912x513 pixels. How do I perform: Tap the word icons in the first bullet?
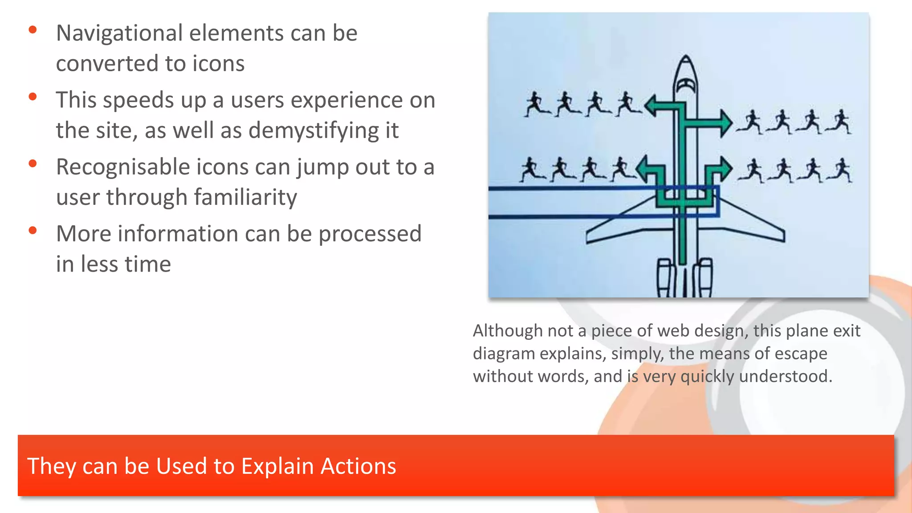pyautogui.click(x=218, y=64)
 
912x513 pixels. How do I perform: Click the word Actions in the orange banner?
pyautogui.click(x=358, y=466)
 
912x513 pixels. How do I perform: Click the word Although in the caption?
pyautogui.click(x=507, y=331)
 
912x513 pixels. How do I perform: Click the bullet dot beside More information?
pyautogui.click(x=33, y=230)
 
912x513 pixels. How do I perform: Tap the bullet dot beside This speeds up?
pyautogui.click(x=33, y=97)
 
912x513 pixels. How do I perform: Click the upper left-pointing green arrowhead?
pyautogui.click(x=651, y=106)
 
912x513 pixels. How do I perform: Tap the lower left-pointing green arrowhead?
pyautogui.click(x=642, y=169)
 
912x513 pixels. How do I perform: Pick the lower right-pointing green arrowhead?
pyautogui.click(x=725, y=169)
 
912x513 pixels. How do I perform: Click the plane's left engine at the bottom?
pyautogui.click(x=664, y=278)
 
